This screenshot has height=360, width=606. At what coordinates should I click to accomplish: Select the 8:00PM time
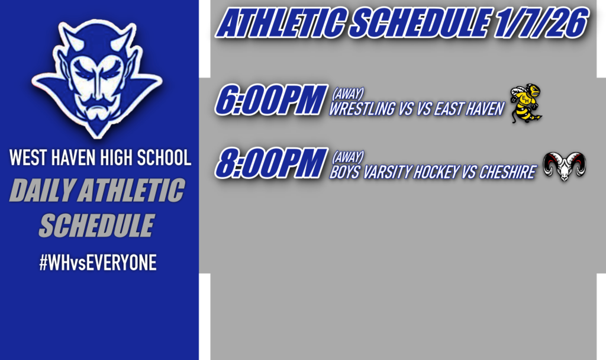click(271, 163)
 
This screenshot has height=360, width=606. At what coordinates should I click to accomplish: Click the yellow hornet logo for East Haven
click(526, 103)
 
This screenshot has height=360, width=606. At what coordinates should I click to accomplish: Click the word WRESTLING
click(362, 109)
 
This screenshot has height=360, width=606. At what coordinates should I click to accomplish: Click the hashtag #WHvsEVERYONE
click(98, 263)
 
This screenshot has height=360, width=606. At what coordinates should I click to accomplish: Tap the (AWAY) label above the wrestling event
click(347, 94)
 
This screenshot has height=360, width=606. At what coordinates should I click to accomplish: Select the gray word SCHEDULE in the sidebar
click(96, 225)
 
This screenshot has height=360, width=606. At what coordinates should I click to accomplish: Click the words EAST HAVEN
click(469, 109)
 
